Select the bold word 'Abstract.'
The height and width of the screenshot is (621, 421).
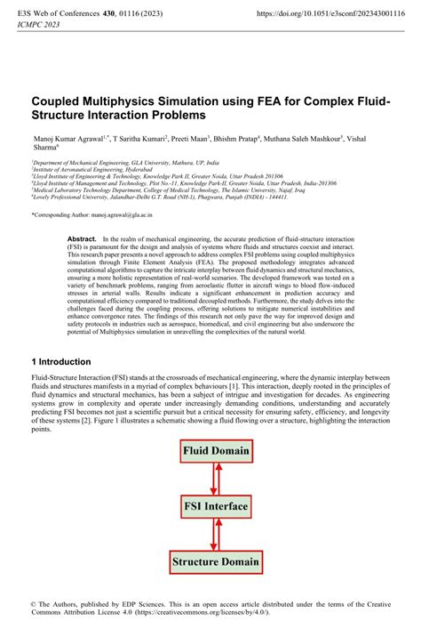click(82, 240)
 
